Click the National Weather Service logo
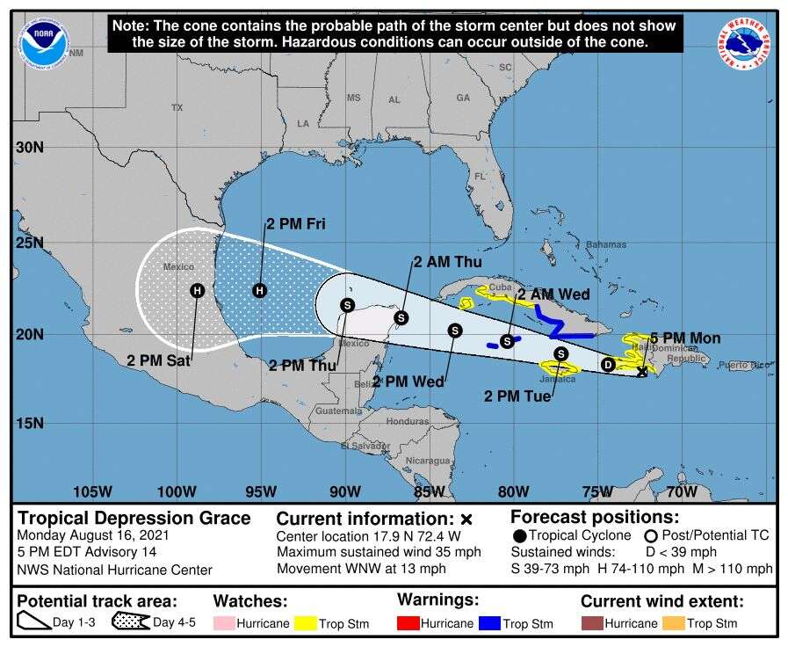click(x=746, y=43)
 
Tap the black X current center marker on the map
click(x=641, y=372)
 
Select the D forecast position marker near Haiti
click(x=607, y=364)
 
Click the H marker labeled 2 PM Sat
click(x=197, y=290)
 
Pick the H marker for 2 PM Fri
click(x=259, y=290)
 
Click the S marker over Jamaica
click(x=560, y=353)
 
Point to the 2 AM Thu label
click(x=447, y=261)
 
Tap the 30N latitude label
click(x=29, y=147)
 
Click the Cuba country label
click(x=500, y=287)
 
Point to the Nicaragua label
click(x=428, y=461)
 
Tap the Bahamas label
click(x=606, y=244)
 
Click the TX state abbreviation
click(x=177, y=107)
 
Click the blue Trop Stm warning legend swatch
click(x=489, y=623)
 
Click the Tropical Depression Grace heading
click(x=134, y=518)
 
